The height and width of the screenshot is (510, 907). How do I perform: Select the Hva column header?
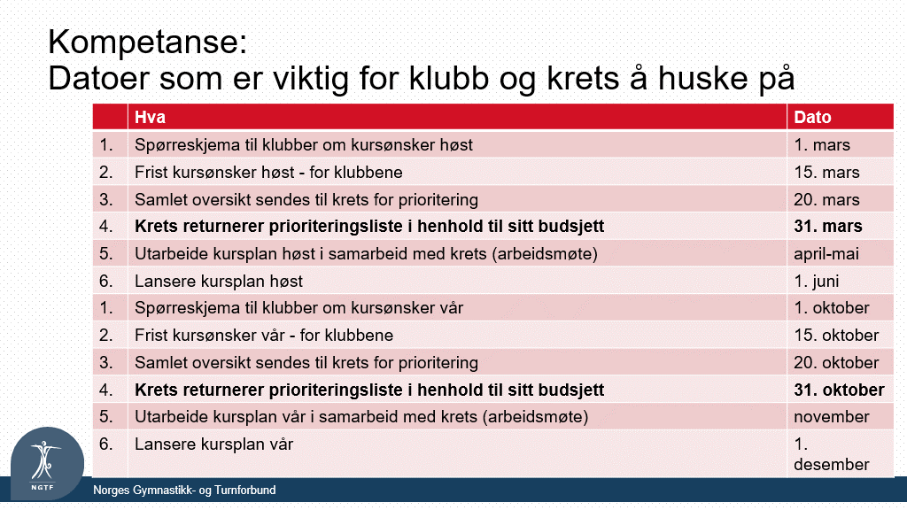[151, 118]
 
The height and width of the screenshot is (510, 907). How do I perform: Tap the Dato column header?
[812, 118]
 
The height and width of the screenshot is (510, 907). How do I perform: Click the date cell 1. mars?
[821, 144]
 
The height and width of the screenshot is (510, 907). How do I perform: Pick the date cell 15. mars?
[826, 173]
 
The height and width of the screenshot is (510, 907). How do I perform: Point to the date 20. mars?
[826, 199]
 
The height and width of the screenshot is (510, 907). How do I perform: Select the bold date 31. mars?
[828, 226]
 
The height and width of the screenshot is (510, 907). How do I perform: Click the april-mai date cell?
[826, 254]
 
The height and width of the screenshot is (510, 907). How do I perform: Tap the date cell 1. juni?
[816, 281]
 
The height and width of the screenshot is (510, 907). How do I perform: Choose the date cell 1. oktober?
[831, 307]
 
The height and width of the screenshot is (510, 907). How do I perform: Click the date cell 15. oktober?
[836, 336]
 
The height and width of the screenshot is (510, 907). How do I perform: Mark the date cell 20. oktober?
[836, 362]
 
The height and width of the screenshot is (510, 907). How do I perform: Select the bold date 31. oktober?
[839, 390]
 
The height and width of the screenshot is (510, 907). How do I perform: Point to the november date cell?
[831, 417]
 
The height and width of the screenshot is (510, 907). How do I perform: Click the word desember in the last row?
[831, 464]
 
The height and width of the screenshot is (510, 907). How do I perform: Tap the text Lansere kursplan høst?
[219, 281]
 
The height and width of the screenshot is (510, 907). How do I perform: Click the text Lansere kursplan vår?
[214, 444]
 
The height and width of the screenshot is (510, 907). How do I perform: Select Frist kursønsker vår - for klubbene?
[264, 336]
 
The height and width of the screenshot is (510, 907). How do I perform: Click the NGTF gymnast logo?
[48, 464]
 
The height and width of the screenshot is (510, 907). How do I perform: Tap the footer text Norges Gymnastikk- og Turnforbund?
[184, 491]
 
